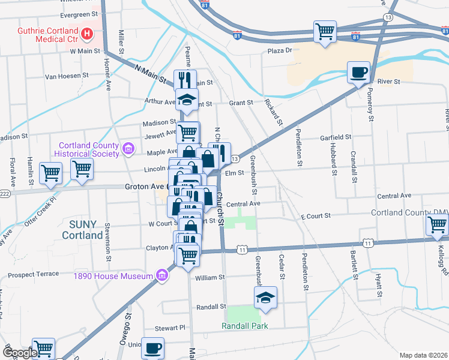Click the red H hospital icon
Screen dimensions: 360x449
(x=88, y=34)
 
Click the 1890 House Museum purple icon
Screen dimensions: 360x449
(x=161, y=276)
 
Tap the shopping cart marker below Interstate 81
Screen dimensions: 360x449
(x=325, y=31)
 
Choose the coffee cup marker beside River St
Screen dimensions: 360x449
(x=359, y=72)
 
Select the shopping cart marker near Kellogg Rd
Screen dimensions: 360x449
(x=437, y=226)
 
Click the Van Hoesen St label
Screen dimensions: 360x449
(x=67, y=77)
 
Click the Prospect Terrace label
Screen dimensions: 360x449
(x=33, y=274)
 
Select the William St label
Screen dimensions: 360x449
(x=209, y=278)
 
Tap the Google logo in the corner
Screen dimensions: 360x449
(x=20, y=353)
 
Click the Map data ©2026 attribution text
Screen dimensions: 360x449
(x=423, y=355)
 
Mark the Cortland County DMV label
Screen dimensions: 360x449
(x=409, y=213)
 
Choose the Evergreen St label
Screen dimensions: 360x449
(x=79, y=13)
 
